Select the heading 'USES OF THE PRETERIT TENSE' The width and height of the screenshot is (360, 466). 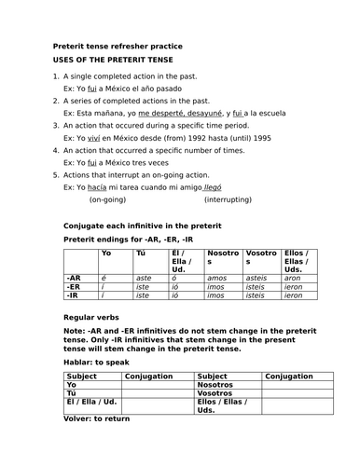click(116, 60)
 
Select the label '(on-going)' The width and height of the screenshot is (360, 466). click(108, 199)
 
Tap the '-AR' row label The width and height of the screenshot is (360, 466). click(74, 278)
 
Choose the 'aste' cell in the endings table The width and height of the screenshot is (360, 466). click(145, 278)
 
